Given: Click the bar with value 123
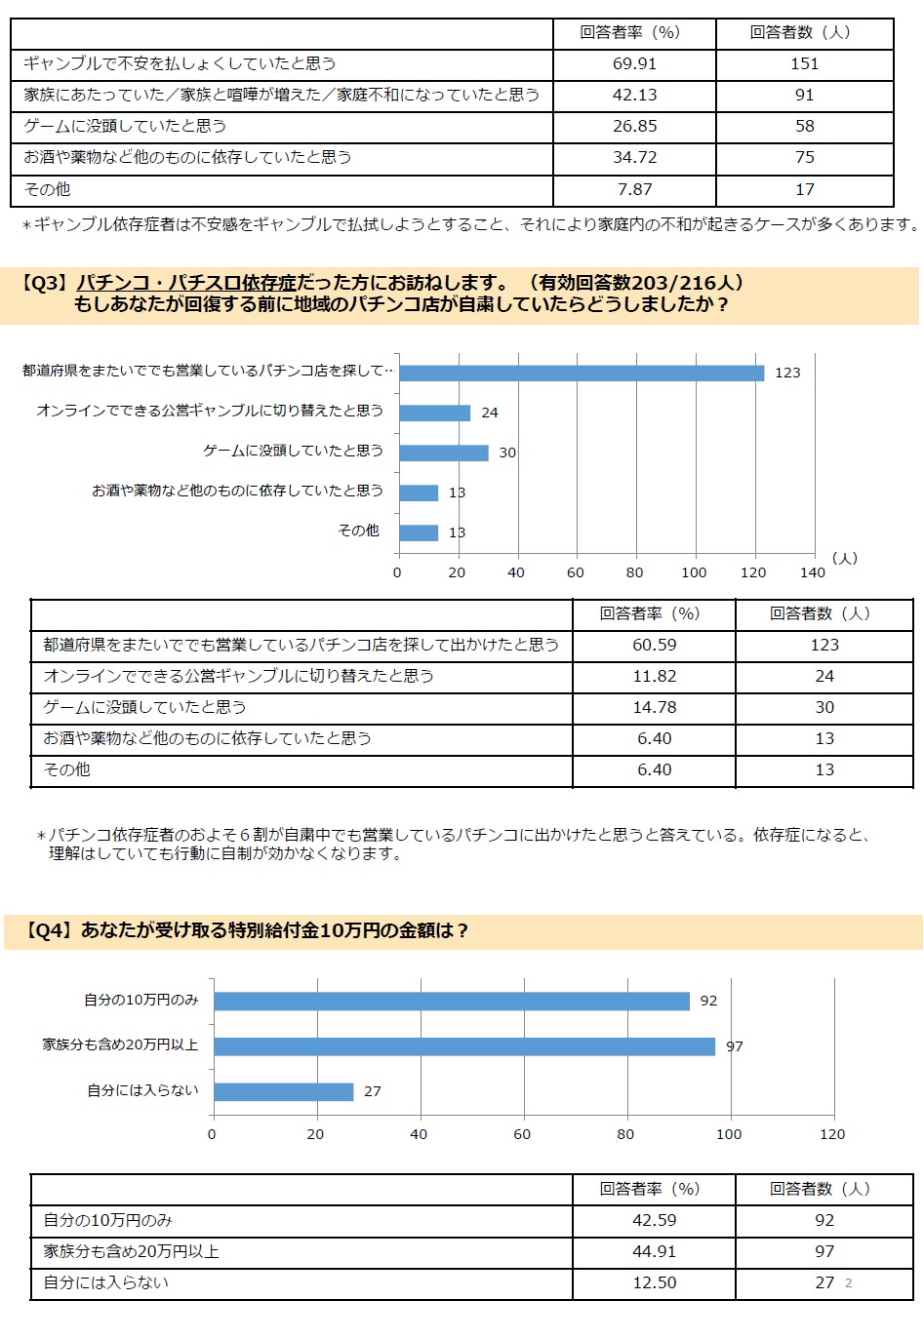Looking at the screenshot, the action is tap(582, 373).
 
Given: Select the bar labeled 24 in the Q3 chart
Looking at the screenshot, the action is tap(435, 414).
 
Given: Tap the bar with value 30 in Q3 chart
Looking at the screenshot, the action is tap(444, 453).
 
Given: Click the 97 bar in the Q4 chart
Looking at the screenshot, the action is tap(464, 1046).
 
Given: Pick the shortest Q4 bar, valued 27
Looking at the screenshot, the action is tap(284, 1091).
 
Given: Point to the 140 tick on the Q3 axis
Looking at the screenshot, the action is tap(812, 572).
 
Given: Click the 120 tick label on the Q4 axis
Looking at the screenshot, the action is tap(832, 1134).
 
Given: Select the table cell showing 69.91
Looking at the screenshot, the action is tap(634, 64).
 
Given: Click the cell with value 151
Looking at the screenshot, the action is tap(804, 64).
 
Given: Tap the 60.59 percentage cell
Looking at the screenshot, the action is tap(655, 645).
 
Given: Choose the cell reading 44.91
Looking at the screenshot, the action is tap(655, 1251).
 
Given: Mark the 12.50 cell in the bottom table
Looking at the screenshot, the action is tap(655, 1282).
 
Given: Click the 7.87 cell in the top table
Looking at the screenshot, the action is tap(634, 189).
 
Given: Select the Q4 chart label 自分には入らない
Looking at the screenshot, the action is tap(142, 1090).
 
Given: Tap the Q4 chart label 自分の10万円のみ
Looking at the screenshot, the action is tap(141, 1000).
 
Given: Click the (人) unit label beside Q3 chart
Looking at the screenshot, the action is tap(844, 558).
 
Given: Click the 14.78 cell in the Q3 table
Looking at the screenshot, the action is tap(655, 707).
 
